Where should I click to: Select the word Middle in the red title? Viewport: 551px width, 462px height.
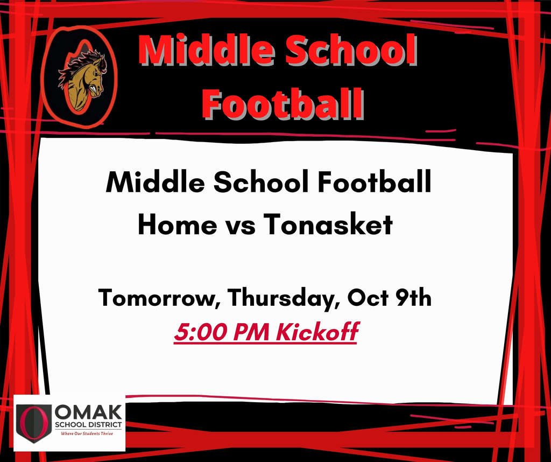point(207,50)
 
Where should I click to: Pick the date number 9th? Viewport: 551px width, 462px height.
point(413,297)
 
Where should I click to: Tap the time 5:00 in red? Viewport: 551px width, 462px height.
point(201,332)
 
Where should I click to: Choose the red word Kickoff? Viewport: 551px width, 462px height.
point(317,332)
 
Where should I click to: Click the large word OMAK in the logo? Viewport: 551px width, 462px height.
point(89,412)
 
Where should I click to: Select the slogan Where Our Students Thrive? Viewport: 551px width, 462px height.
point(87,434)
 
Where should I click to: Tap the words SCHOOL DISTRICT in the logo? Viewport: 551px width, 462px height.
point(89,425)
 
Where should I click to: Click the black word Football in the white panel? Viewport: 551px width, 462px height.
point(375,182)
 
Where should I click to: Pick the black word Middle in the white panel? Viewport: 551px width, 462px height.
point(155,182)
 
